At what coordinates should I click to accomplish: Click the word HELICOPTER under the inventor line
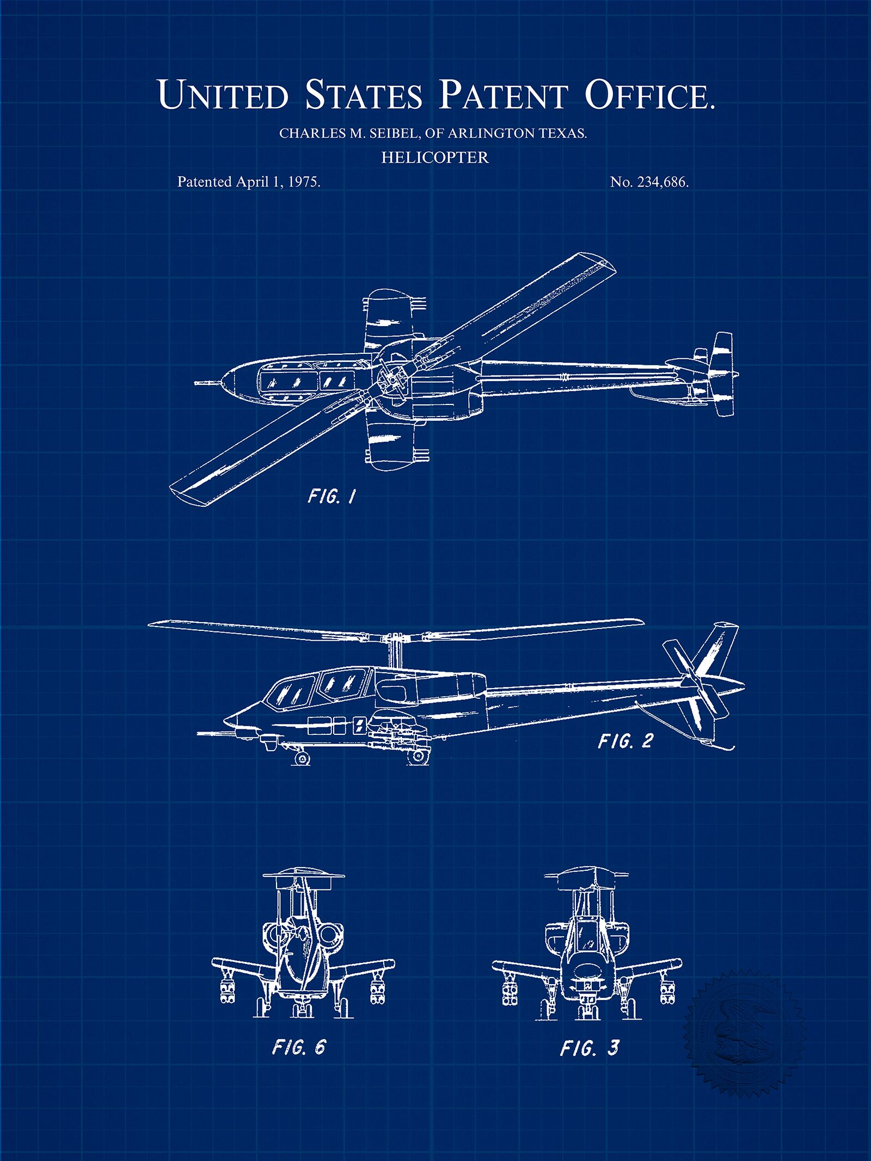pyautogui.click(x=435, y=157)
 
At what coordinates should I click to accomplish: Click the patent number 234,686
pyautogui.click(x=661, y=182)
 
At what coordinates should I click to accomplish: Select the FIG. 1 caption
pyautogui.click(x=332, y=496)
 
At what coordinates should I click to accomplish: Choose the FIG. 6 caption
pyautogui.click(x=298, y=1047)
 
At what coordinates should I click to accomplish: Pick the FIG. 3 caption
pyautogui.click(x=590, y=1047)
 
